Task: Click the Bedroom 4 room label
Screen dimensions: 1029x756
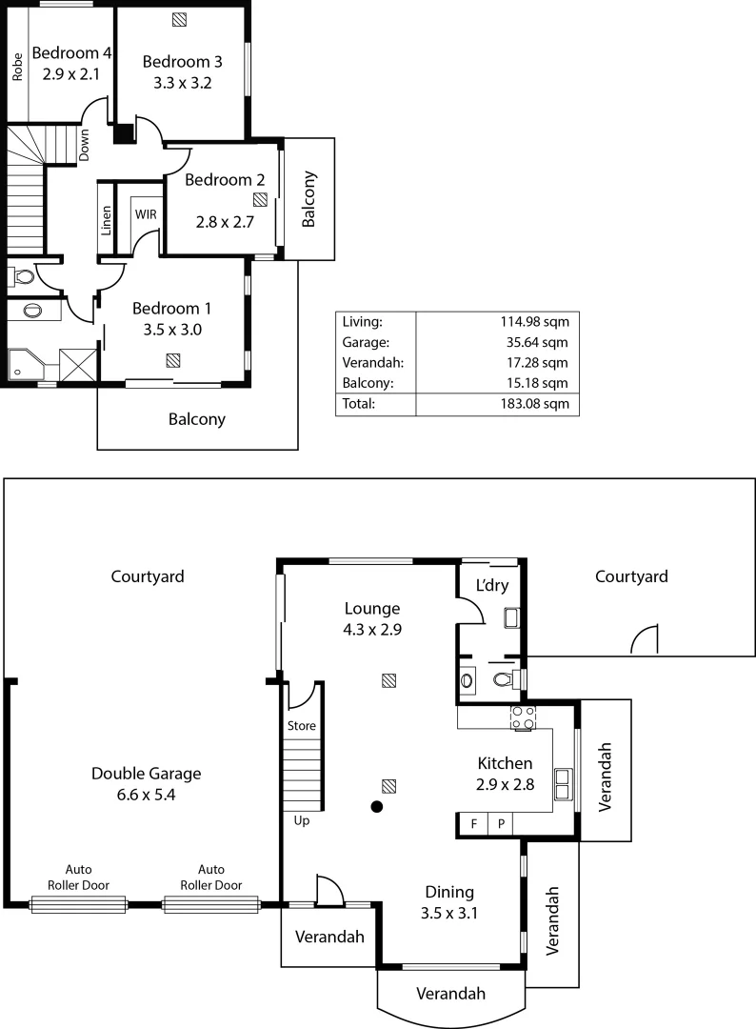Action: [71, 52]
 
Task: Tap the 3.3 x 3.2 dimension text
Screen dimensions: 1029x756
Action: [182, 83]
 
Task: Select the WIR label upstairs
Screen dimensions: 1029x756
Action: [146, 214]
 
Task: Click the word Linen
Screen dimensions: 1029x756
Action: [107, 220]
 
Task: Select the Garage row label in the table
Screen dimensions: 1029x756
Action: [362, 342]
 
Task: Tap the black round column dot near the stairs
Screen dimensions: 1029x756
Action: [377, 808]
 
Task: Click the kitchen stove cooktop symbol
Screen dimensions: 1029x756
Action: [523, 717]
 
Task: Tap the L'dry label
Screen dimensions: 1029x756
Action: [491, 585]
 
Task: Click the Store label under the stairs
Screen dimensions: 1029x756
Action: [301, 726]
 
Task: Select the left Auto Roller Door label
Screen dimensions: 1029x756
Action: [79, 877]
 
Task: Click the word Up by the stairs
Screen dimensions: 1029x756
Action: [300, 820]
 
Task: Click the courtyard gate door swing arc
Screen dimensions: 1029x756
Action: [646, 640]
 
